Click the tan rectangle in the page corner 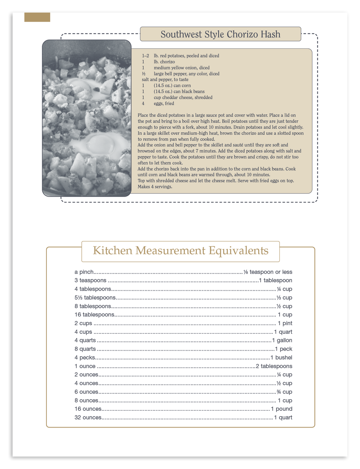click(37, 17)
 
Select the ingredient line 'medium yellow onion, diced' click(181, 68)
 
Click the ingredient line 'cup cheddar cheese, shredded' click(183, 97)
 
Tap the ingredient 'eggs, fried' click(164, 104)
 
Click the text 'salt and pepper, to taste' click(165, 79)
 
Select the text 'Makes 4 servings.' click(155, 187)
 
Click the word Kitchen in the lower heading click(113, 250)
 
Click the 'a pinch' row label click(84, 272)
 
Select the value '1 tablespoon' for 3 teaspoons click(275, 281)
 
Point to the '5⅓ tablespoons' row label click(95, 298)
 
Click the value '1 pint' click(285, 323)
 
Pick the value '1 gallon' click(282, 340)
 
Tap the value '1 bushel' click(281, 358)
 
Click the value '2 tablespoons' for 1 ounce click(274, 366)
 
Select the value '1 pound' click(282, 409)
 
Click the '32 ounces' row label click(88, 418)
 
